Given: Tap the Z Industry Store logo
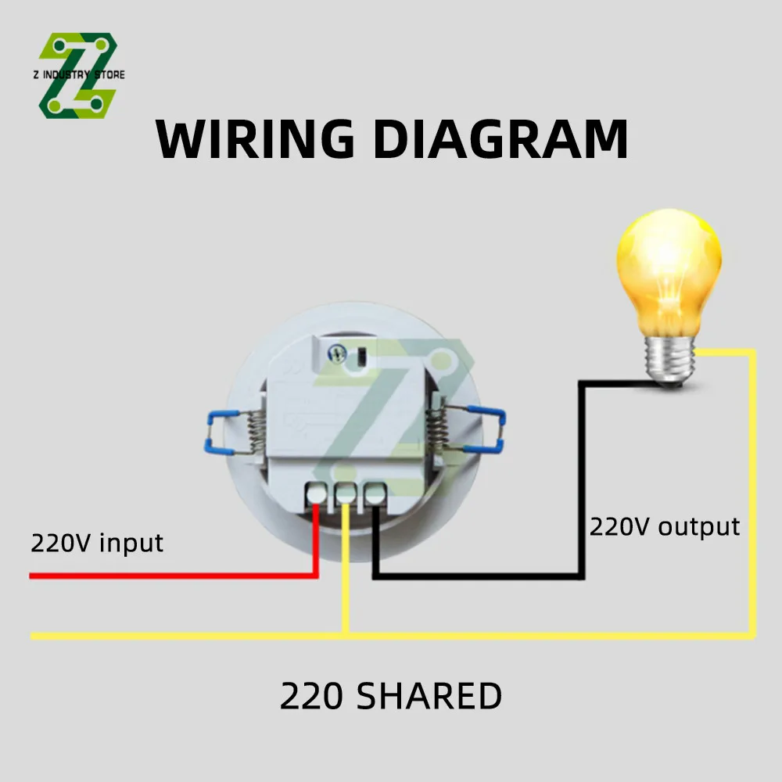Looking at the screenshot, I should [78, 76].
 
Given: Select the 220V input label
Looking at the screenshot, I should [97, 543].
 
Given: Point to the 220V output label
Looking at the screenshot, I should [664, 526].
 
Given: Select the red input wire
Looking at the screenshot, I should [172, 576].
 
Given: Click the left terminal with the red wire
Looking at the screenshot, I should [317, 493].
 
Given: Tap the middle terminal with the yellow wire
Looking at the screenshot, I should [345, 493].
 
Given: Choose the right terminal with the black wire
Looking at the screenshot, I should [375, 493].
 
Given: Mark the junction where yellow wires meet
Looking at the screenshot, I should [345, 636].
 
